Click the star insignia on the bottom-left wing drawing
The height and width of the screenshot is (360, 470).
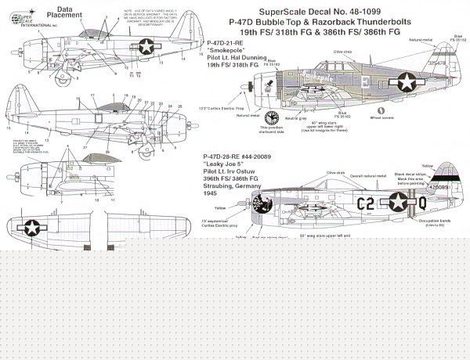[33, 228]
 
